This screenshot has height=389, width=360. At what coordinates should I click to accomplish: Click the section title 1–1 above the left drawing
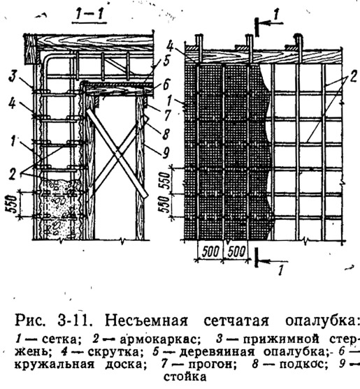[89, 15]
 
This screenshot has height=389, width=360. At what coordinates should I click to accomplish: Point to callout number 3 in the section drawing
[13, 76]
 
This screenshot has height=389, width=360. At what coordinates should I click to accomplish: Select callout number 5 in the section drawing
[166, 61]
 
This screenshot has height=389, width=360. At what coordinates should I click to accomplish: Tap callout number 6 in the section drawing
[166, 85]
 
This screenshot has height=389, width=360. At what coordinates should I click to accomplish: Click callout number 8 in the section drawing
[166, 133]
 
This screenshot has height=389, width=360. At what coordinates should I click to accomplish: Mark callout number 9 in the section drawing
[166, 152]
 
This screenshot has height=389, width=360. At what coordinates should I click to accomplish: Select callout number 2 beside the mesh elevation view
[353, 78]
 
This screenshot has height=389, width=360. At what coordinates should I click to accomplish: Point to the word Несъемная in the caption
[146, 321]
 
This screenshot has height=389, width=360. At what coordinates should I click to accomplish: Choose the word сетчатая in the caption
[236, 321]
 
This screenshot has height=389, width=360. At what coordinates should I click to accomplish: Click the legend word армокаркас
[160, 339]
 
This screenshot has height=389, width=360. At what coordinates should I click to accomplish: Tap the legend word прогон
[213, 364]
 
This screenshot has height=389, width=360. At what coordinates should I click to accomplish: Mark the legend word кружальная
[55, 364]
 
